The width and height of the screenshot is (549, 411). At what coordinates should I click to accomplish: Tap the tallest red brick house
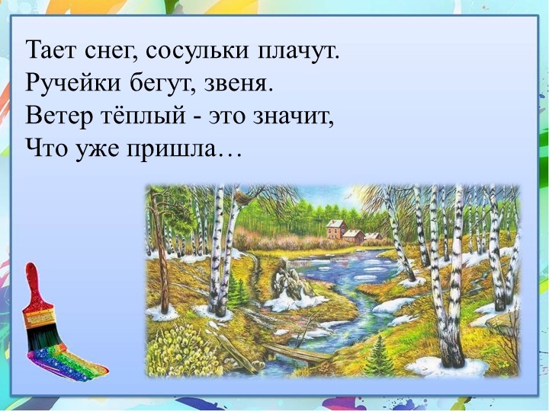point(335,228)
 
